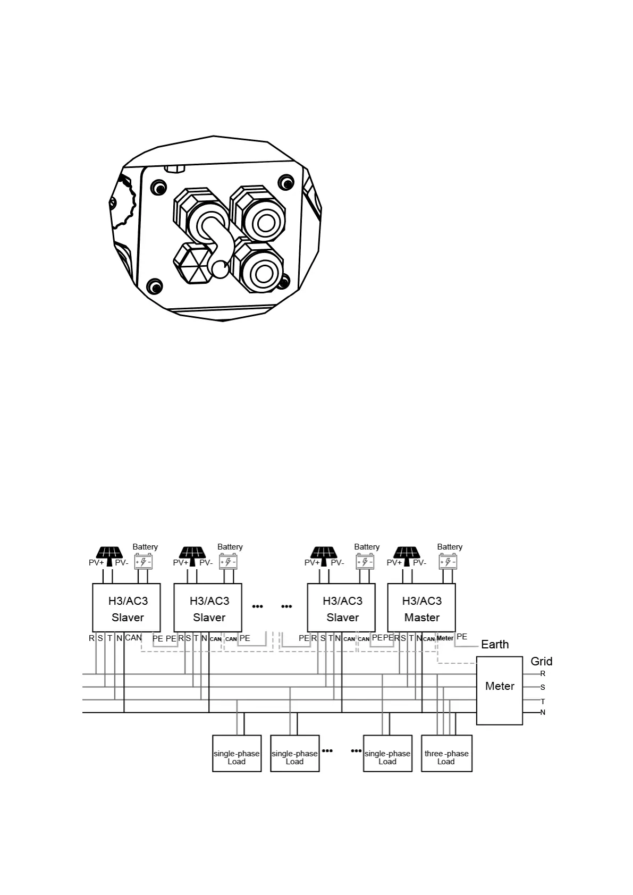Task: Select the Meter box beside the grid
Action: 499,690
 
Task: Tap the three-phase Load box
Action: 446,753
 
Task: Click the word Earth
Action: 495,644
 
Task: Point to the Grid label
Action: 541,661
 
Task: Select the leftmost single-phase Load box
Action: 237,753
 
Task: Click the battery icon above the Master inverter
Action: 448,562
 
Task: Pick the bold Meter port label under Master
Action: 445,638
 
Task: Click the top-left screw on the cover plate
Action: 157,188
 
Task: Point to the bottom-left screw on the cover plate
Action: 155,287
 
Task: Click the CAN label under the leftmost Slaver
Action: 133,638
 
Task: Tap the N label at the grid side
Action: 543,712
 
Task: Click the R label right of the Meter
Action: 543,673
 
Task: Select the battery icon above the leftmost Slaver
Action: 144,562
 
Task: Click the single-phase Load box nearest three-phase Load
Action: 387,753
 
